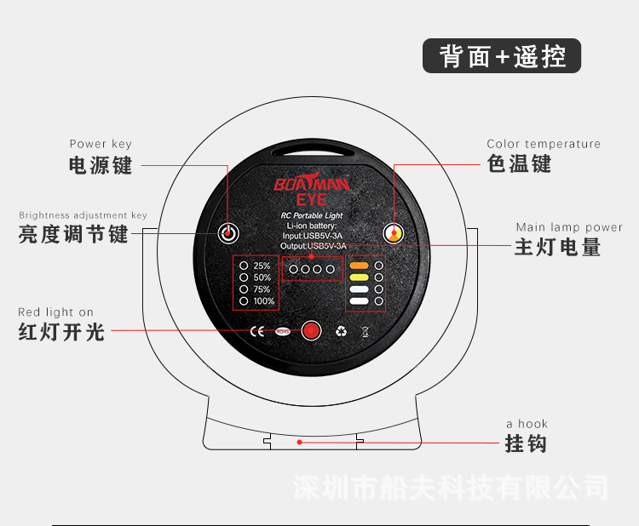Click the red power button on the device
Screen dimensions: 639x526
click(228, 232)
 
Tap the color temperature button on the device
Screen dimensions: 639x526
click(394, 232)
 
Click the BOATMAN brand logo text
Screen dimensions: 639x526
click(312, 183)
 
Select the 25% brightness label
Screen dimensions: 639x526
click(262, 266)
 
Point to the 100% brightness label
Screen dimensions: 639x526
click(264, 301)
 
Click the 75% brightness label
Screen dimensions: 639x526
click(262, 289)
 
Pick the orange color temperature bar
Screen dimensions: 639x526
click(359, 266)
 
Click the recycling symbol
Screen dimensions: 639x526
click(342, 330)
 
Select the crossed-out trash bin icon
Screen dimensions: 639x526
click(366, 330)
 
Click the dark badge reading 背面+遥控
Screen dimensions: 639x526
click(502, 56)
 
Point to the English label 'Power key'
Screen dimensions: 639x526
click(101, 145)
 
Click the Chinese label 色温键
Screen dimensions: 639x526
click(519, 163)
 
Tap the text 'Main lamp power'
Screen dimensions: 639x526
click(569, 227)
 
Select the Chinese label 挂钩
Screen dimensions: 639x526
click(526, 443)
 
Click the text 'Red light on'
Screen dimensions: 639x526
click(56, 312)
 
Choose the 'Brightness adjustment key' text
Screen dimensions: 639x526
click(83, 216)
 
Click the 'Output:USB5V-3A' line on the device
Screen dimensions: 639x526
click(312, 246)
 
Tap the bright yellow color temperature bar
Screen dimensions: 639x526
click(359, 277)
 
